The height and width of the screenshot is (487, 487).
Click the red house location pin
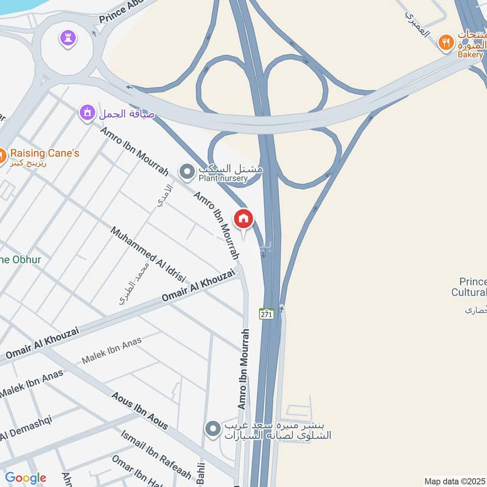click(243, 219)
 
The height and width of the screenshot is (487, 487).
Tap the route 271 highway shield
click(266, 314)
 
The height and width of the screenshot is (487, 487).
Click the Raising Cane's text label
click(44, 153)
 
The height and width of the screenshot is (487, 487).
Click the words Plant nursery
click(223, 178)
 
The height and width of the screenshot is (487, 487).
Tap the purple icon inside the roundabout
click(67, 38)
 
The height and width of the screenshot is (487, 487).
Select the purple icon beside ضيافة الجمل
click(88, 113)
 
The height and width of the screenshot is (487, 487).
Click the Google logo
click(26, 478)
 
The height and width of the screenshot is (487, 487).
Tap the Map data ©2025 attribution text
click(454, 481)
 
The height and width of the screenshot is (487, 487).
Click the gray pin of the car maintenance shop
click(212, 430)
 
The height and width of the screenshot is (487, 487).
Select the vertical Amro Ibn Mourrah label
click(243, 369)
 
